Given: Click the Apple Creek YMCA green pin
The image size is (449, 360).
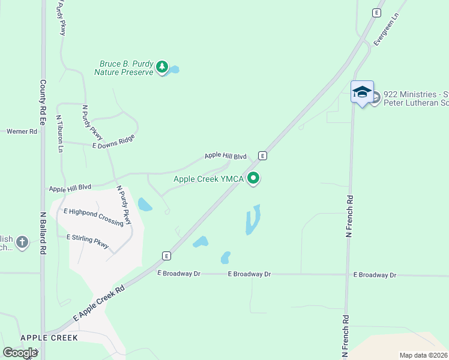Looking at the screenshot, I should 253,178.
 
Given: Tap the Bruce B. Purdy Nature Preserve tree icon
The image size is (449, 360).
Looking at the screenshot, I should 161,67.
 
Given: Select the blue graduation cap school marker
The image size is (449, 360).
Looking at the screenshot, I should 362,92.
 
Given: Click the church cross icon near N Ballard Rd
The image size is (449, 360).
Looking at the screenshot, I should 22,242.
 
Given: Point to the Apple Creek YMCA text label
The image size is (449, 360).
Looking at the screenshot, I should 209,179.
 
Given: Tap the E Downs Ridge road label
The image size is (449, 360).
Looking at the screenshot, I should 113,142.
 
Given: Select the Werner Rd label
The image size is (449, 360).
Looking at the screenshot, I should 22,131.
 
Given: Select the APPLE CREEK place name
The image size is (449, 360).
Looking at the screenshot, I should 49,338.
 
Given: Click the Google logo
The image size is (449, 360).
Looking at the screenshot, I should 20,352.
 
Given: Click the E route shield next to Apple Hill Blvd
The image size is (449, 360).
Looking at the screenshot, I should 262,155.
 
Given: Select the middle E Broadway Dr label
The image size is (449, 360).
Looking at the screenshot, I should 250,274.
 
